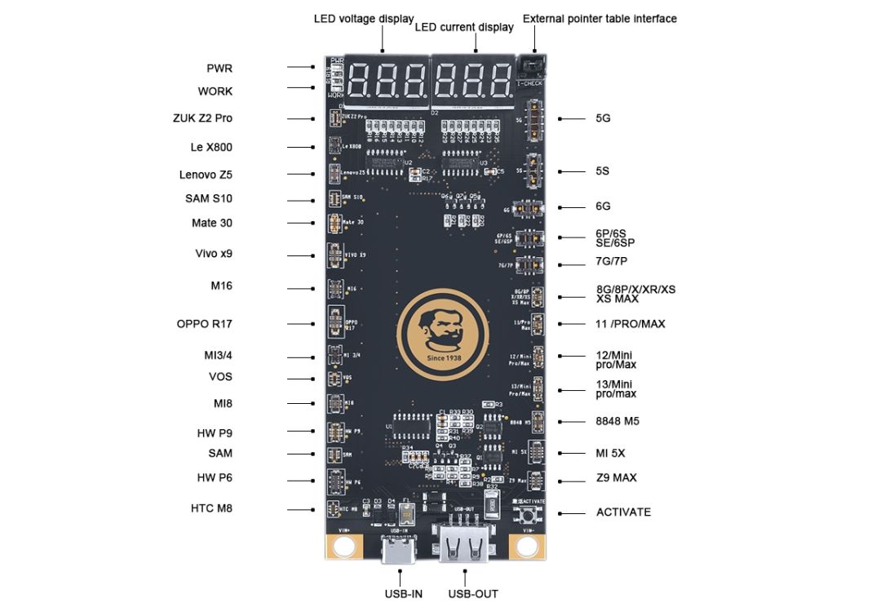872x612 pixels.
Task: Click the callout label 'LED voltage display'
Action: (364, 19)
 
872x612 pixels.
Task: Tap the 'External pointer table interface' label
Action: (600, 19)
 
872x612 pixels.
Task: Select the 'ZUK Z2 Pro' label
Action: (202, 118)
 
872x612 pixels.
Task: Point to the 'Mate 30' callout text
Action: (212, 223)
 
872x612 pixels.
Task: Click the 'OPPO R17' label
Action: (205, 324)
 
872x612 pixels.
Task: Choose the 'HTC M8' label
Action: (211, 508)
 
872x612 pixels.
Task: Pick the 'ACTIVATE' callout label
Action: (623, 512)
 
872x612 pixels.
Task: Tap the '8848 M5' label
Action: (617, 422)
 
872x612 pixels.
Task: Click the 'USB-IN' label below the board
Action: (404, 594)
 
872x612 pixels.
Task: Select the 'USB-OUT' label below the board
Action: (473, 594)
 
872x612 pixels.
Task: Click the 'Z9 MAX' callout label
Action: (616, 477)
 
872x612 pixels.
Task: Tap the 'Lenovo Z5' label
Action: (206, 175)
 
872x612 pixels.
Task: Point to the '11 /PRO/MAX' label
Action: (631, 324)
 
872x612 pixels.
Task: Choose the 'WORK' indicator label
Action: (215, 91)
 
